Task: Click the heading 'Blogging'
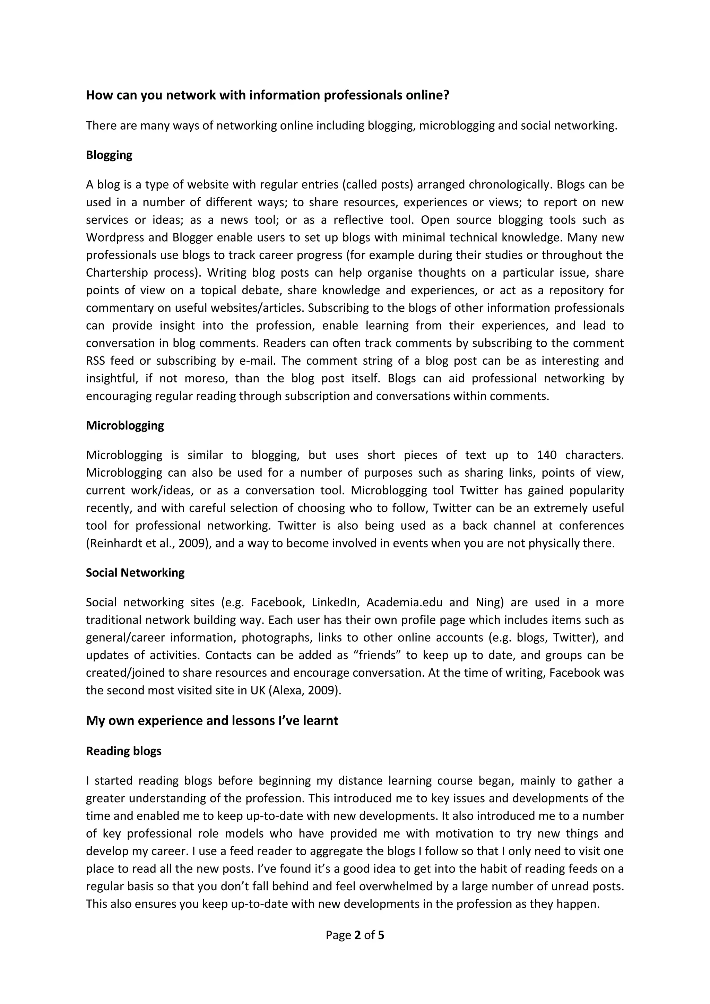click(109, 155)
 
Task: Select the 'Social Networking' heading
click(135, 573)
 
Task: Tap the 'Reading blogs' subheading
click(124, 751)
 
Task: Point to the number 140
click(546, 455)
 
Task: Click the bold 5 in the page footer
click(381, 935)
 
